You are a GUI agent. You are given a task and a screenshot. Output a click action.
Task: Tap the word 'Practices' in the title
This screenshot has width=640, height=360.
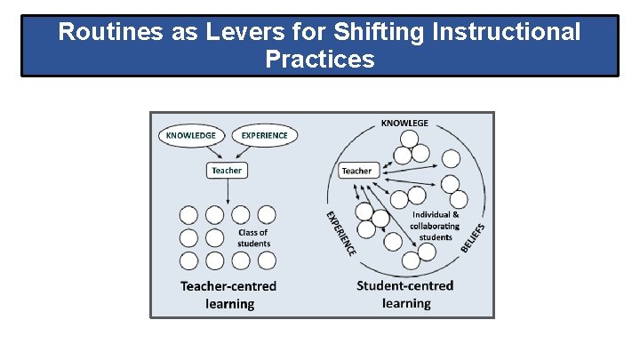(x=319, y=60)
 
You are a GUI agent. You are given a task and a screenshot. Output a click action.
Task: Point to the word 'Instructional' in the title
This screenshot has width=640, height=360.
(x=502, y=33)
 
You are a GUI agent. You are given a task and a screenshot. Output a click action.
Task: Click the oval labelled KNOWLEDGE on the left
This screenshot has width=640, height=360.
(x=188, y=136)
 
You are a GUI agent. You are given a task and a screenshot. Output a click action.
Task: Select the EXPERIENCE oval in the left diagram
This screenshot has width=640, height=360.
(x=264, y=136)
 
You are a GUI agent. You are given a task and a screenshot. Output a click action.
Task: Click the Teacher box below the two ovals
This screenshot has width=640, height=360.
(x=227, y=170)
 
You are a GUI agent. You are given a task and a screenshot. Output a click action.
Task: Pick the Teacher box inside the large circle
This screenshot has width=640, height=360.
(x=356, y=171)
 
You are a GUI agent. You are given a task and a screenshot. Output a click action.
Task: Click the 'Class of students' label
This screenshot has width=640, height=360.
(x=253, y=238)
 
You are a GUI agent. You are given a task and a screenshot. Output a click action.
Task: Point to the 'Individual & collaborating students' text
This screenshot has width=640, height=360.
(x=436, y=226)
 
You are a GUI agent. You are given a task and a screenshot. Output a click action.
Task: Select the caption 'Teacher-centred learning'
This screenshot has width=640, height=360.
(x=228, y=294)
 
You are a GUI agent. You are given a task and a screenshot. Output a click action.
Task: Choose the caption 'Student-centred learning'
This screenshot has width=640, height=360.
(x=405, y=294)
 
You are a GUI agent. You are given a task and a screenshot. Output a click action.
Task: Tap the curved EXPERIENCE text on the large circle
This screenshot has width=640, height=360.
(x=339, y=233)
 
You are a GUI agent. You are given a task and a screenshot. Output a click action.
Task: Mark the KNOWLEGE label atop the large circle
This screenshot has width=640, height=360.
(x=404, y=123)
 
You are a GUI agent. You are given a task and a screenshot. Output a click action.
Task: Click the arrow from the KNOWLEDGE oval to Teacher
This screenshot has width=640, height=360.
(x=209, y=152)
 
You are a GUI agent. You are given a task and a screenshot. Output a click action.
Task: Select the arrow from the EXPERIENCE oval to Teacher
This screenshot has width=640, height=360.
(x=245, y=152)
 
